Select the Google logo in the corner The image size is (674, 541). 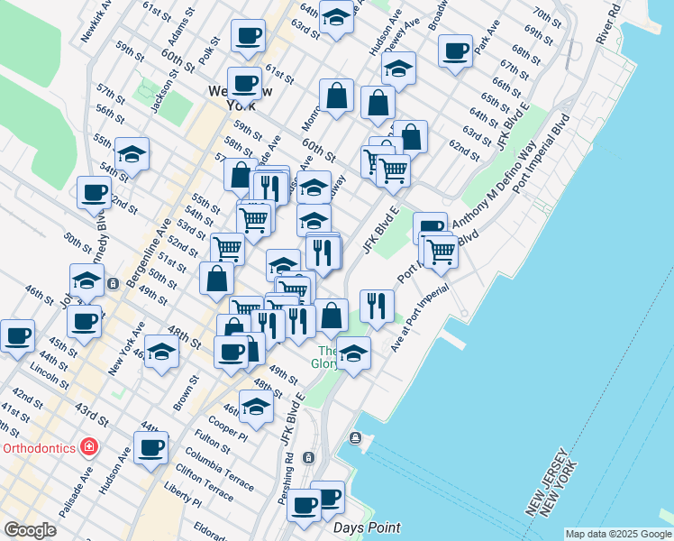pos(30,530)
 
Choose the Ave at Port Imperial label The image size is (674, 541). pos(419,333)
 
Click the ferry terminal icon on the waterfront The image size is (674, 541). pos(356,438)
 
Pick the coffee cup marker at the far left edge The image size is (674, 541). pos(17,335)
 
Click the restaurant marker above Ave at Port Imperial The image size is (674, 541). pos(377,306)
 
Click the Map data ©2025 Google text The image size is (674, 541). pos(617,534)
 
